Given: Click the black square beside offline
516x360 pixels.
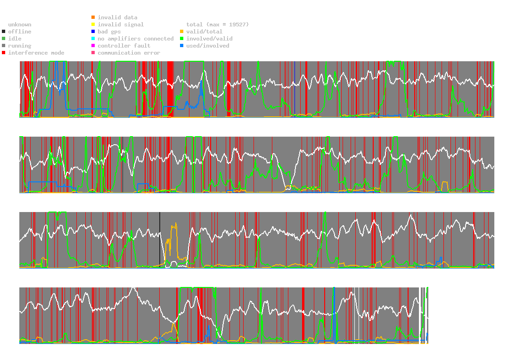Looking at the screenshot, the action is [x=4, y=32].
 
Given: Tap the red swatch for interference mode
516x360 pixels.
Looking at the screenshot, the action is [x=4, y=53].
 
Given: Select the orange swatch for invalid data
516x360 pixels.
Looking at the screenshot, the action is [x=93, y=17].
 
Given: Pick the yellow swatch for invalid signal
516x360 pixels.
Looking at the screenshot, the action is [x=93, y=25].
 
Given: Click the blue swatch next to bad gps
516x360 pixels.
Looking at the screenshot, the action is [x=93, y=32].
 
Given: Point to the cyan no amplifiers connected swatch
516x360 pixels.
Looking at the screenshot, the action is [x=93, y=39].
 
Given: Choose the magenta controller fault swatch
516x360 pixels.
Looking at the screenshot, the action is [x=93, y=46].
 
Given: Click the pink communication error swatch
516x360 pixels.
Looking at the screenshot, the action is [x=93, y=53].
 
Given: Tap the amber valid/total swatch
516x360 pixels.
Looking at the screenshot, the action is [x=181, y=32].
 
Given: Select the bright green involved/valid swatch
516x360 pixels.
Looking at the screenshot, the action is [x=181, y=39].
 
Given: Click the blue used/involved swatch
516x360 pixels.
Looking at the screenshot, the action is [x=181, y=46].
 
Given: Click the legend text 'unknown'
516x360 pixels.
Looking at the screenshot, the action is [x=20, y=25].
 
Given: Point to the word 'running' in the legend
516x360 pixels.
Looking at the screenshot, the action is [x=20, y=46].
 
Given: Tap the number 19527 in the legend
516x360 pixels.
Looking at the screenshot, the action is [x=238, y=25].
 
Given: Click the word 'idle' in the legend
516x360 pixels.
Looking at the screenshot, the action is [x=15, y=39].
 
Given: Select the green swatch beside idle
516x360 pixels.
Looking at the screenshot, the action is [x=4, y=39].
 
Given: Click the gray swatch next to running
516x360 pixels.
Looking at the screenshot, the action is [x=4, y=46].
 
